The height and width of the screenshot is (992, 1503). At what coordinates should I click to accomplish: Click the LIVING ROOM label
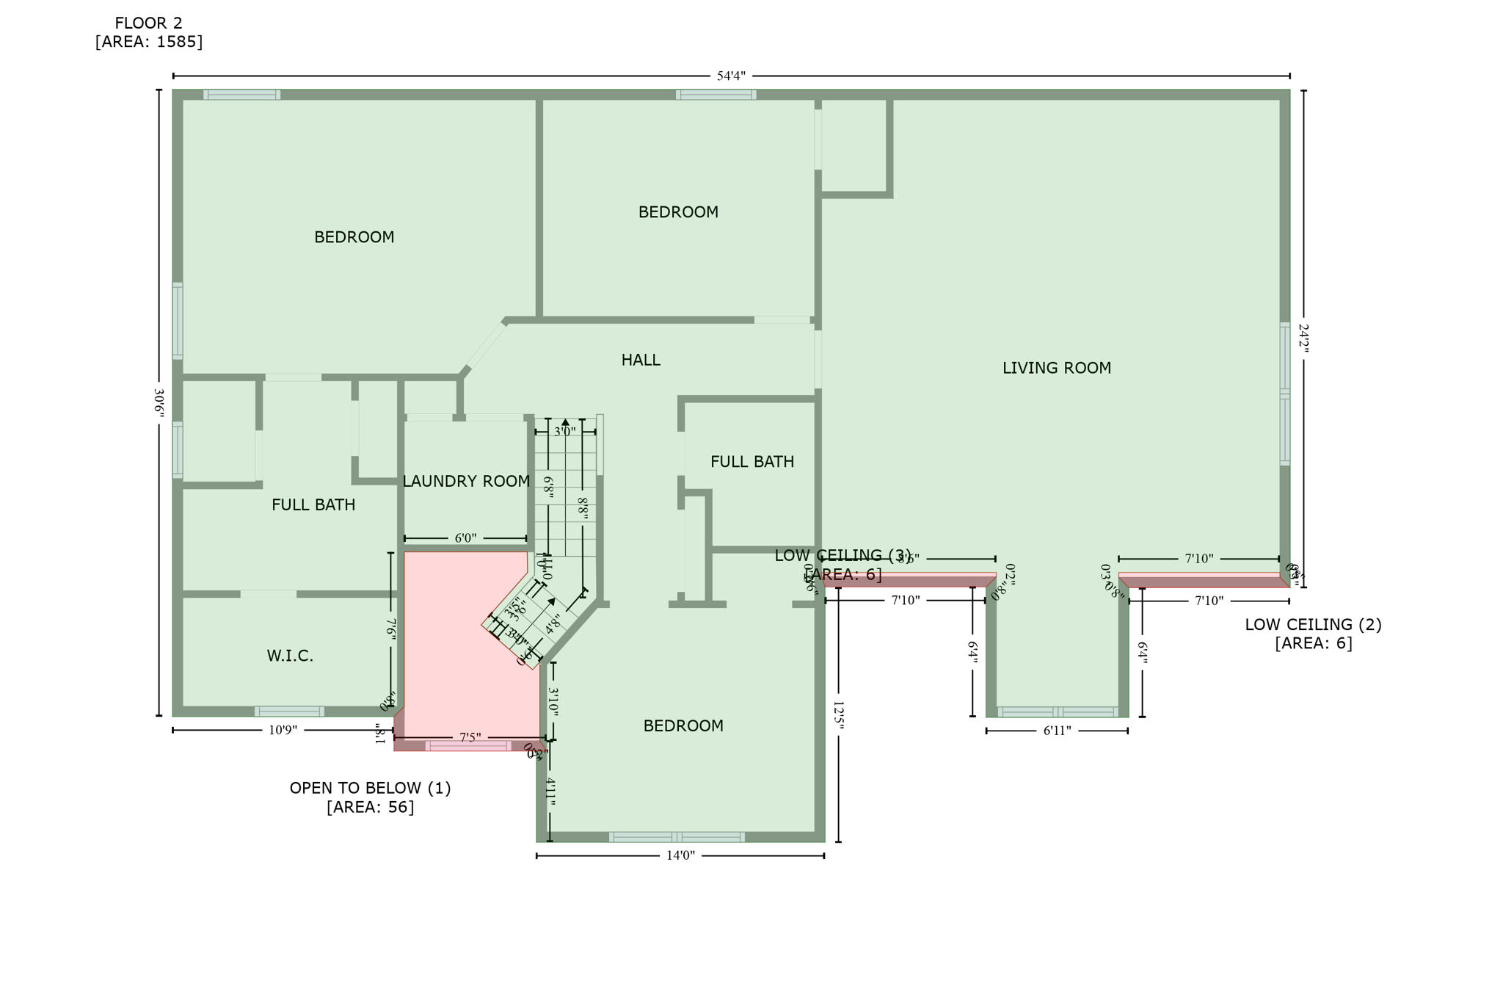tap(1056, 368)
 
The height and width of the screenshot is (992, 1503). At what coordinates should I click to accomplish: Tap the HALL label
tap(641, 360)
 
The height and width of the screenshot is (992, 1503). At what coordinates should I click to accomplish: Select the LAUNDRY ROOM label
tap(466, 481)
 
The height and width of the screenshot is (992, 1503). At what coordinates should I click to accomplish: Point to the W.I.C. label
tap(290, 656)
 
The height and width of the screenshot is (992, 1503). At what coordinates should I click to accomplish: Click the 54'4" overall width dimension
tap(731, 76)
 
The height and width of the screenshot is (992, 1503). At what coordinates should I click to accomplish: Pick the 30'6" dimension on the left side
tap(159, 403)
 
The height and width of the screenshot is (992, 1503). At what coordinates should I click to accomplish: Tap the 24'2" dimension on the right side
tap(1303, 338)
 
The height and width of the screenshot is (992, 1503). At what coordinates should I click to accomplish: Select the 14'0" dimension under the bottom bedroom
tap(680, 855)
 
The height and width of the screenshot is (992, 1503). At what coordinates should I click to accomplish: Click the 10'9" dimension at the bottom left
tap(283, 730)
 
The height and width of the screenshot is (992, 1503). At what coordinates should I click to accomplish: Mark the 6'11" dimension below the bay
tap(1057, 731)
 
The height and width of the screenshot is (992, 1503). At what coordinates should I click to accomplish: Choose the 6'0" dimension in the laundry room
tap(465, 538)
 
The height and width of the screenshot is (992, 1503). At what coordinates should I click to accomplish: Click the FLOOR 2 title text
tap(148, 23)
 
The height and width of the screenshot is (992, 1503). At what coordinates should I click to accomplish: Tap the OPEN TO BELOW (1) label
tap(370, 788)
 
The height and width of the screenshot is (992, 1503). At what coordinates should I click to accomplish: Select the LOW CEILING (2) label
tap(1313, 625)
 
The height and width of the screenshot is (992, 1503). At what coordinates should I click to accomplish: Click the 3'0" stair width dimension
tap(564, 432)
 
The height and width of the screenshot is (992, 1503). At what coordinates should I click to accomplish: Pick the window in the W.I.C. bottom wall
tap(289, 711)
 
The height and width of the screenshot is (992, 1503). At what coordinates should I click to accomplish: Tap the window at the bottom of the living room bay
tap(1057, 712)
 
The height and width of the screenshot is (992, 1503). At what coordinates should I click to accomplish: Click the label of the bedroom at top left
tap(354, 237)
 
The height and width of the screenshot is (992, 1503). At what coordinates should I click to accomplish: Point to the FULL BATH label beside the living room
tap(751, 462)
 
